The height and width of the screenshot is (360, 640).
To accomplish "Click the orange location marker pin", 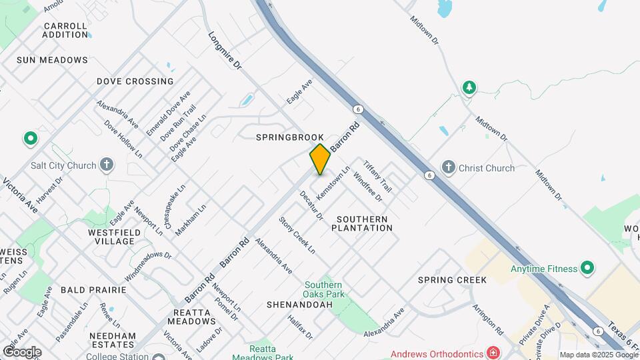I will tap(320, 159).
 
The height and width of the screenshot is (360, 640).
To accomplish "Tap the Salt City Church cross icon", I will tap(107, 165).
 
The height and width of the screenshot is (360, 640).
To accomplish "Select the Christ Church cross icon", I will tap(448, 167).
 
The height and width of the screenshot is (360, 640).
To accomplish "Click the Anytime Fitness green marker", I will tap(587, 269).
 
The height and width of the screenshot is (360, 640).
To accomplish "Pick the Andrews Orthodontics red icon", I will tap(493, 353).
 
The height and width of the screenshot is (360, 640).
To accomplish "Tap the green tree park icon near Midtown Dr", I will tap(469, 87).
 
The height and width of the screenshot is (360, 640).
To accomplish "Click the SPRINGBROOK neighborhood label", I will tap(290, 137).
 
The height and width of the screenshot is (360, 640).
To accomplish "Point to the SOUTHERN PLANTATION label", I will tap(365, 223).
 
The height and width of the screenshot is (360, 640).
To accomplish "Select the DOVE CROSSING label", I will tap(135, 81).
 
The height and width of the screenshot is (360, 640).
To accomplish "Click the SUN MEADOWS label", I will tap(52, 60).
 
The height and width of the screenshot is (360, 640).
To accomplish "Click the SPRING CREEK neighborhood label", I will tap(453, 280).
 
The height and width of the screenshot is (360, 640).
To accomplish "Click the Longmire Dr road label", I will tap(225, 52).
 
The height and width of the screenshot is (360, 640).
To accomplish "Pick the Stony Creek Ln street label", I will tap(297, 235).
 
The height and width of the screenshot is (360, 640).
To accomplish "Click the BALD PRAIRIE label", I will tap(93, 290).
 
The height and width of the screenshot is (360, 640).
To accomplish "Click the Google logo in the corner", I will tap(22, 351).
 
